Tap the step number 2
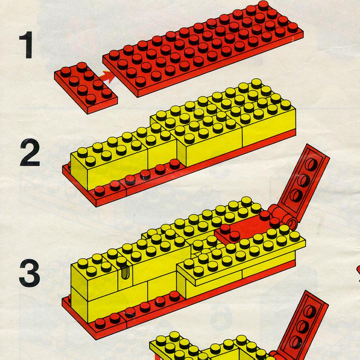[30, 152]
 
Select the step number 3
[30, 273]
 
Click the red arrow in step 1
[108, 76]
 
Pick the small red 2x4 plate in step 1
[86, 87]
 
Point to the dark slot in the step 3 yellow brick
[125, 273]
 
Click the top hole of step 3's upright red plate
[312, 164]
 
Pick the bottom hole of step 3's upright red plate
[296, 195]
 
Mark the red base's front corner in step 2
[97, 205]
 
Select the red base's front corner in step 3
[97, 337]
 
